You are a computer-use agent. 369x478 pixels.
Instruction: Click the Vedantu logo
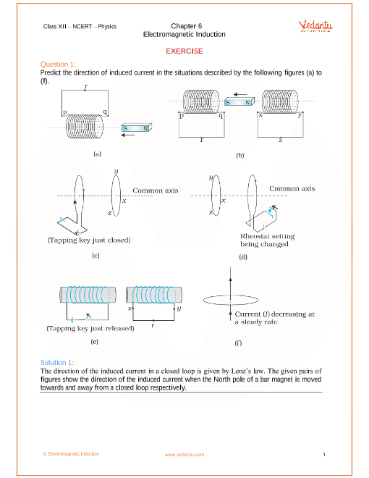pyautogui.click(x=315, y=25)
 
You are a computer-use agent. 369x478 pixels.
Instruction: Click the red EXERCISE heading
pyautogui.click(x=184, y=51)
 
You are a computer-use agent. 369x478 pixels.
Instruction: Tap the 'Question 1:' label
pyautogui.click(x=58, y=64)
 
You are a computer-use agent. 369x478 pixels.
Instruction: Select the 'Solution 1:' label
pyautogui.click(x=57, y=362)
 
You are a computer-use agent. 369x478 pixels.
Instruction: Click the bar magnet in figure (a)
pyautogui.click(x=137, y=127)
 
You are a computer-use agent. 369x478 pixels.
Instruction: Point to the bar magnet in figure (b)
pyautogui.click(x=239, y=102)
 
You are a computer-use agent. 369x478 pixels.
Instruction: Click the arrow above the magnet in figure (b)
pyautogui.click(x=240, y=94)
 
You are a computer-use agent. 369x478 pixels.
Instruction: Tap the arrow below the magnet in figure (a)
pyautogui.click(x=128, y=135)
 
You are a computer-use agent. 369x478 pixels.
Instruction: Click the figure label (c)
pyautogui.click(x=96, y=256)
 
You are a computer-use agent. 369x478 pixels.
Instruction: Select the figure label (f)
pyautogui.click(x=238, y=343)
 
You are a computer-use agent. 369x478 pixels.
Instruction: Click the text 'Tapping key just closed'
pyautogui.click(x=89, y=240)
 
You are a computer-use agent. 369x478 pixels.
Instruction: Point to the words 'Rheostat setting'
pyautogui.click(x=268, y=236)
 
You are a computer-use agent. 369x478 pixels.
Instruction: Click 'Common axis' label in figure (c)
pyautogui.click(x=156, y=190)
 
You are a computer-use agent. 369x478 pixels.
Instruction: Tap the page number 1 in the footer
pyautogui.click(x=324, y=455)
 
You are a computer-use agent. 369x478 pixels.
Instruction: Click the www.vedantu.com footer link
pyautogui.click(x=184, y=455)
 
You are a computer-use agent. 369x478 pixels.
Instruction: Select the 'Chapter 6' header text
pyautogui.click(x=187, y=26)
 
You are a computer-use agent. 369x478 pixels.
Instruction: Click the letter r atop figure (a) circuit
pyautogui.click(x=86, y=86)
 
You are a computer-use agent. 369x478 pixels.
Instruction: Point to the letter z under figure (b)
pyautogui.click(x=281, y=141)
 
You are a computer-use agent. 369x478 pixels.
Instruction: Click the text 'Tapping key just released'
pyautogui.click(x=90, y=328)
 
